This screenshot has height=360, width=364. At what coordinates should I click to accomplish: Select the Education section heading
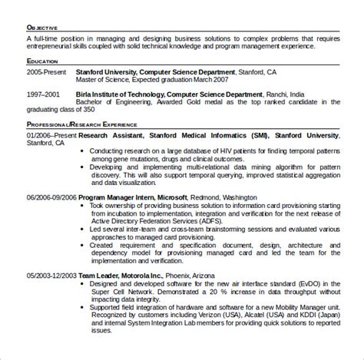[x=44, y=60]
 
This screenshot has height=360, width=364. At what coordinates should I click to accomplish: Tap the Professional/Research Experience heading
[x=81, y=124]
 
